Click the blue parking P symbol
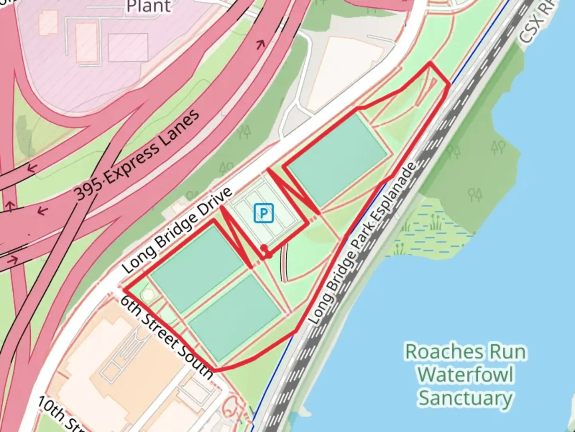pos(264,213)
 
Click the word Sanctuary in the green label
pos(466,398)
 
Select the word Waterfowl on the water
pos(466,375)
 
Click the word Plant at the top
pos(149,6)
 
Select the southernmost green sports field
pos(234,317)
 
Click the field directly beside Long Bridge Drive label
pos(197,266)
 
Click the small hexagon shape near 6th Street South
pos(149,295)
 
